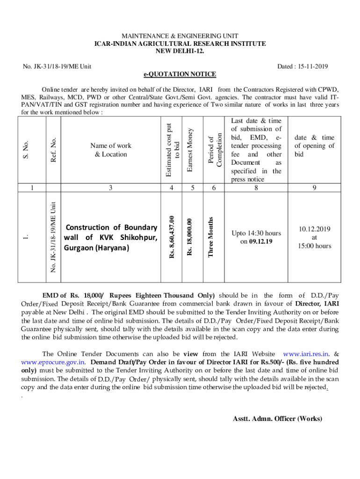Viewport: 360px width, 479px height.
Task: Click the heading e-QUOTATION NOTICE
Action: (x=180, y=74)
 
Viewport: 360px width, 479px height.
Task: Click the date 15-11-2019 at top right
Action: (x=302, y=67)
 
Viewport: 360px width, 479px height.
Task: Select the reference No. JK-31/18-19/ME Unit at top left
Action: (x=57, y=67)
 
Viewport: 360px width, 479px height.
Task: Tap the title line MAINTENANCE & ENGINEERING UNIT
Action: (x=180, y=36)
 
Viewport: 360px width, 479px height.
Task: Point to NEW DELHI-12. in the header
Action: (x=180, y=51)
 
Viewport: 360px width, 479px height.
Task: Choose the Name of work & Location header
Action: (x=111, y=150)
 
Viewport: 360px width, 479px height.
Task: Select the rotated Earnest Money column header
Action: (x=191, y=150)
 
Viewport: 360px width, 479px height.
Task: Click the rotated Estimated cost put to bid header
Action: (x=173, y=150)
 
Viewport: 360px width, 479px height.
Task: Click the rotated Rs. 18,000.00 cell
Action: (x=190, y=238)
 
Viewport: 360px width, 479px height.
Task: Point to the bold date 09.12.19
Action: (x=260, y=241)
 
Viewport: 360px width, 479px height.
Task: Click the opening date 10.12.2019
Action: (x=314, y=229)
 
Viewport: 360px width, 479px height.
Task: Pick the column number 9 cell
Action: (x=314, y=188)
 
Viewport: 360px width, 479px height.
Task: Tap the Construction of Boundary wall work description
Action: (x=111, y=237)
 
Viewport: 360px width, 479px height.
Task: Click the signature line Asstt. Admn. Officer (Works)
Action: (x=277, y=419)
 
